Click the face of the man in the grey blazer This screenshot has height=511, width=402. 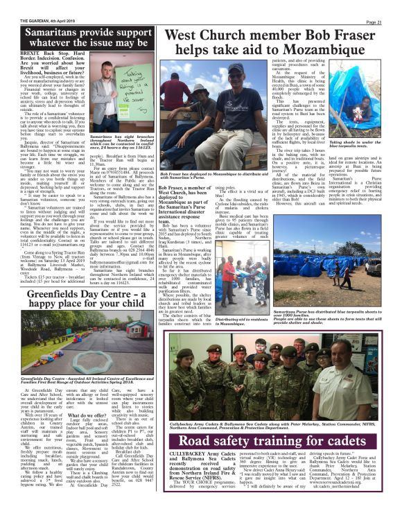tap(105, 62)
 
